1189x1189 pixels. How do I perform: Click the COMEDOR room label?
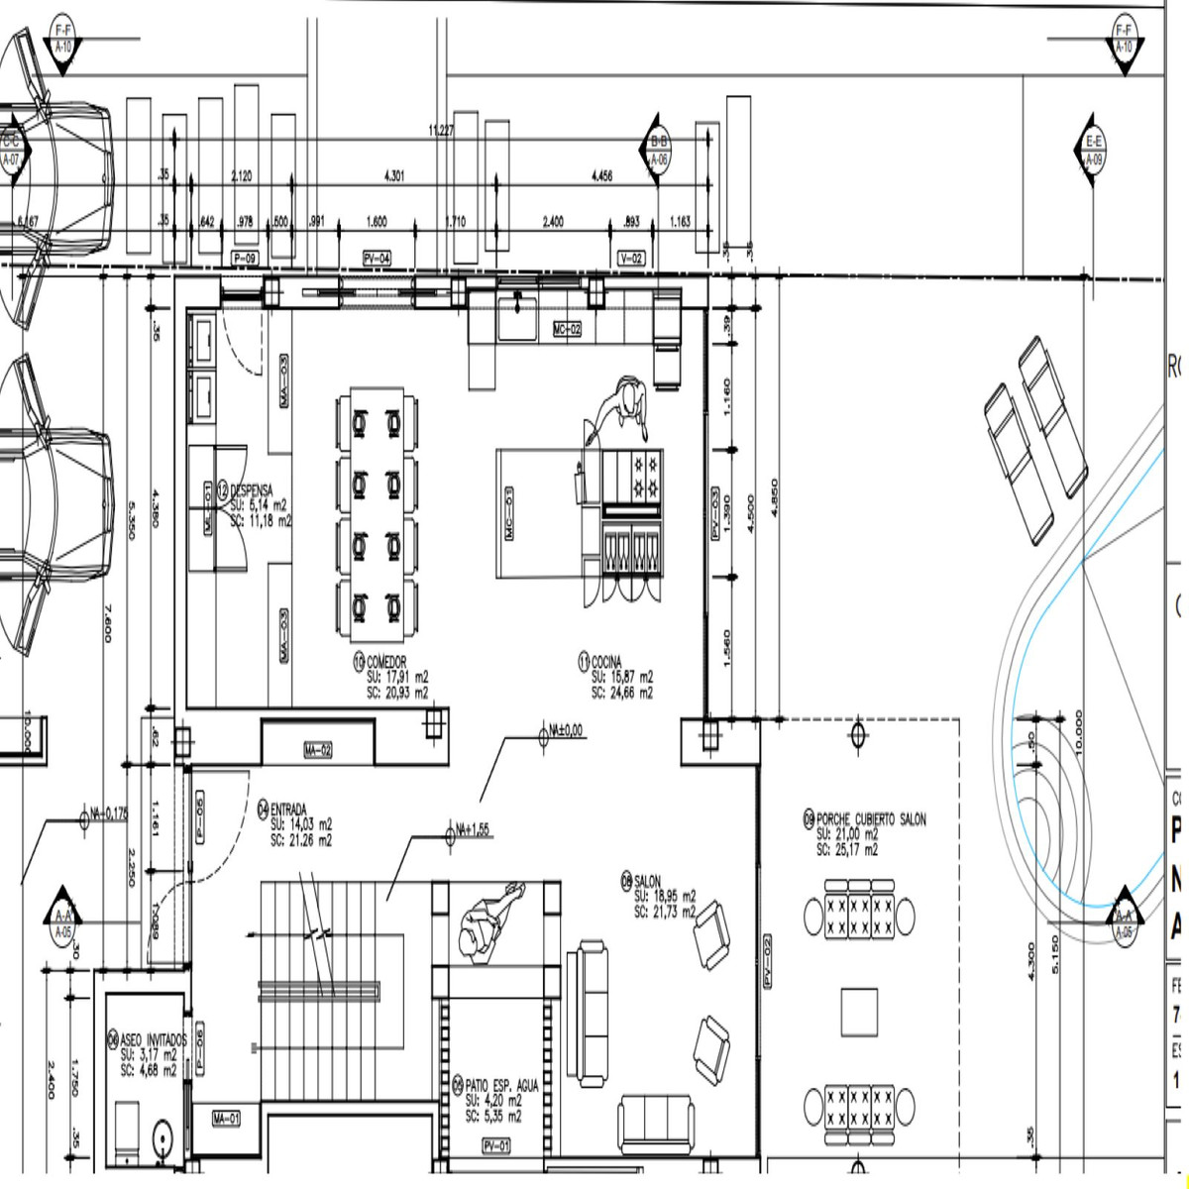(x=385, y=662)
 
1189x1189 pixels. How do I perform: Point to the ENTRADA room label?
(x=288, y=809)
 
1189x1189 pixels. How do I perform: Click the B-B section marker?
(x=659, y=143)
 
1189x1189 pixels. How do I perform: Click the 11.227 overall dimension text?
(x=441, y=131)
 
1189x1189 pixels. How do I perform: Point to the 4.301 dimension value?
(x=393, y=176)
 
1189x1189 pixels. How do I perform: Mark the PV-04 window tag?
(x=376, y=259)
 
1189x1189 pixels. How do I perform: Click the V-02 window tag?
(x=630, y=259)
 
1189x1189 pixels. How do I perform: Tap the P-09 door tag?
(x=244, y=259)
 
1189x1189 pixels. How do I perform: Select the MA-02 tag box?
(x=318, y=751)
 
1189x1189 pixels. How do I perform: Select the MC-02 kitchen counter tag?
(x=567, y=329)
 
